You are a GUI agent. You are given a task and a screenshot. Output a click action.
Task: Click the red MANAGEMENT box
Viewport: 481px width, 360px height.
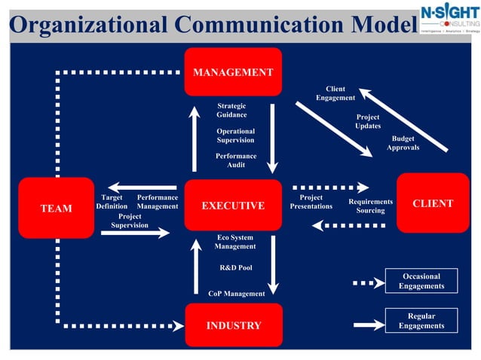233,72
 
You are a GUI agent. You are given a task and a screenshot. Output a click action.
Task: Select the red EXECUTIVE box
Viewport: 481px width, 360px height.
233,205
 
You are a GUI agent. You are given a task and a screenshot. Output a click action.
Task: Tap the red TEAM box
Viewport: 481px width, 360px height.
56,208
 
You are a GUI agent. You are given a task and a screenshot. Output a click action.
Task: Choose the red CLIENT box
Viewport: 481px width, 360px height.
433,203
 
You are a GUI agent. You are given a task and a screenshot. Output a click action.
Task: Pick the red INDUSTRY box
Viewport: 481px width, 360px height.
234,325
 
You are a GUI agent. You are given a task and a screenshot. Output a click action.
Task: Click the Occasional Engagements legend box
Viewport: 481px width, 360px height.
421,281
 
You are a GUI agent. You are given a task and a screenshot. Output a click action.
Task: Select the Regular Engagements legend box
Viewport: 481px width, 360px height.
421,321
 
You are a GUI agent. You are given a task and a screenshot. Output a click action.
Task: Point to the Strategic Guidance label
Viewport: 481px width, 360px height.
231,110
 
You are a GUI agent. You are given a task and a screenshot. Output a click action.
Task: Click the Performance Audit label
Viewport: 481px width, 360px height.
236,160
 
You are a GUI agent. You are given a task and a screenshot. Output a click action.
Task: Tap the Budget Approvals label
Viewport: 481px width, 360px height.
403,143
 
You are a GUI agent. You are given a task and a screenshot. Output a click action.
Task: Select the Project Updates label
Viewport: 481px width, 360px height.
368,121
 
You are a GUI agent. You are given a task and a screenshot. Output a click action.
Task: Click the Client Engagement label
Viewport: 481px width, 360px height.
335,93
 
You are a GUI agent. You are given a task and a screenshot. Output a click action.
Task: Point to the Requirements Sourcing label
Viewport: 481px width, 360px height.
370,206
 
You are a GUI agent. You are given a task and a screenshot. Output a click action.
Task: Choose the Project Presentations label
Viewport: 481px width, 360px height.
311,202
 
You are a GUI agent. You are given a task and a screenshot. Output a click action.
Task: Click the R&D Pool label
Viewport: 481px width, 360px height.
236,267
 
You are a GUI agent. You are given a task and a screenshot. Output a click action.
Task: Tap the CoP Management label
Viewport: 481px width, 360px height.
236,294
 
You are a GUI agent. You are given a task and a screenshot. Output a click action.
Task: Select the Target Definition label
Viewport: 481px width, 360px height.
112,202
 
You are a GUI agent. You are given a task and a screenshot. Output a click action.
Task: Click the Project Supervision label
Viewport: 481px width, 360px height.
130,221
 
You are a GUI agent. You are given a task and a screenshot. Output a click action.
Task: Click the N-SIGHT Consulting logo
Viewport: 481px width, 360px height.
449,20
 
